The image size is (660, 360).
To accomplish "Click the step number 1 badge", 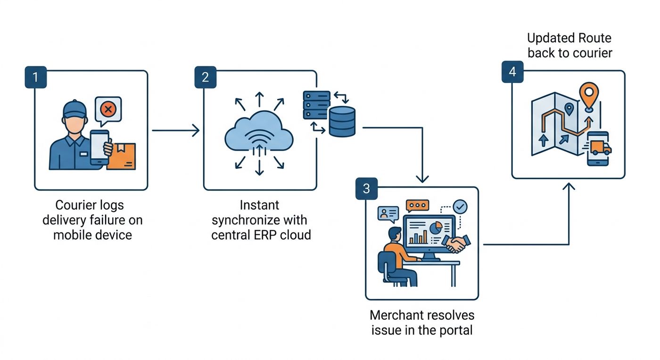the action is click(36, 77).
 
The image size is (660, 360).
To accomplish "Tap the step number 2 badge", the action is click(206, 77).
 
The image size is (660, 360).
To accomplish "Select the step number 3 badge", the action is click(367, 188).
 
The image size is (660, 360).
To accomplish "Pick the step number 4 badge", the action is click(513, 72).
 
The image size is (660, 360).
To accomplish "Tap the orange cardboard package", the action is click(122, 156).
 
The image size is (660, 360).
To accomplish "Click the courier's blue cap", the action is click(75, 109).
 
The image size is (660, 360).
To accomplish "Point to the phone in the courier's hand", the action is click(99, 147).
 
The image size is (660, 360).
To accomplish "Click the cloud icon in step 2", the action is click(259, 131).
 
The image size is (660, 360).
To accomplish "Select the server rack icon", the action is click(316, 105).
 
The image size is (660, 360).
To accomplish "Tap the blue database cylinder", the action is click(342, 122).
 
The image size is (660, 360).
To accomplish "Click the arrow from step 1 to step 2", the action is click(176, 130).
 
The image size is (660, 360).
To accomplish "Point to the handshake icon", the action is click(456, 244).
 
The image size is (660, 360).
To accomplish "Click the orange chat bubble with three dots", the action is click(418, 206).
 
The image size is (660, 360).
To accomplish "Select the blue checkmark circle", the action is click(460, 206).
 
